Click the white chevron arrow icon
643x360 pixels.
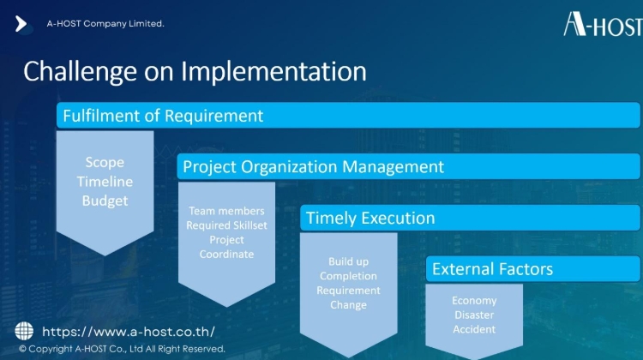coord(21,24)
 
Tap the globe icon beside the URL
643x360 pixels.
coord(24,331)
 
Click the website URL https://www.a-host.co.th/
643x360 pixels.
coord(129,332)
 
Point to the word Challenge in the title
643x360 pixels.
coord(80,72)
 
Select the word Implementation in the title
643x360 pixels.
coord(273,71)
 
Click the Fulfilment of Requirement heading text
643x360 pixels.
coord(163,116)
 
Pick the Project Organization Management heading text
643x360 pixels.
coord(313,167)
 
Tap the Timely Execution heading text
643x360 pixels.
coord(370,218)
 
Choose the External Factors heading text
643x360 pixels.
coord(492,269)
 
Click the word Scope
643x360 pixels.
coord(105,162)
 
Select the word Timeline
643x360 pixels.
coord(105,181)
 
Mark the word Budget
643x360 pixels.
coord(105,201)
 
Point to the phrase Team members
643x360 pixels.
coord(226,211)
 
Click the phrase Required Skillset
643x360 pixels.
coord(226,225)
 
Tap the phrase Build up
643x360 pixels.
coord(348,261)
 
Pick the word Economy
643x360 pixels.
coord(474,301)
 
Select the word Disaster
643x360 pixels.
coord(474,315)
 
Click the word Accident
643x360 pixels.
coord(474,329)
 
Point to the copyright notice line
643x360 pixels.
coord(122,349)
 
